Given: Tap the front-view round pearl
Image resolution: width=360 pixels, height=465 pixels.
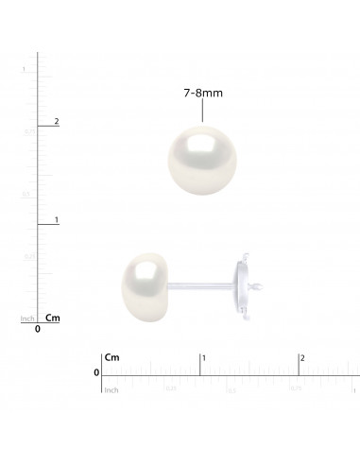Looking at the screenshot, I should coord(203,159).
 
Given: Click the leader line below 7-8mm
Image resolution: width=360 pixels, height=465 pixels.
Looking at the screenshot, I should coord(203,112).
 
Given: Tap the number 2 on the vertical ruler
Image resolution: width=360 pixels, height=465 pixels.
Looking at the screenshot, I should coord(57,121).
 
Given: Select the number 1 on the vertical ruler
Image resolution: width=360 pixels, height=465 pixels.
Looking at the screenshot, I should coord(57,219).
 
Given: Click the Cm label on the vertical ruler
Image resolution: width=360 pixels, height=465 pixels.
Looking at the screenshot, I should coord(53,318).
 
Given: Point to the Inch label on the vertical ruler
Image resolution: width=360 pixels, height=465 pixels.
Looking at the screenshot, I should coord(28,319).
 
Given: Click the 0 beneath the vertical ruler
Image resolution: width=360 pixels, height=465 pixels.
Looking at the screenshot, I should coord(38,330).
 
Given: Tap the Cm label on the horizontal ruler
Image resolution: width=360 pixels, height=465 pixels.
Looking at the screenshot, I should coord(113,357).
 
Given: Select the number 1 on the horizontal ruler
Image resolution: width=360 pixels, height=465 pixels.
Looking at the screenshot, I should coord(205,357).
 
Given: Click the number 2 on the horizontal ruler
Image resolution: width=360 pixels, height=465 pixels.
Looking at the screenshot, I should coord(302,357).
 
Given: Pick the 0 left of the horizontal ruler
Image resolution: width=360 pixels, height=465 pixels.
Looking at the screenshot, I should coord(95,373).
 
